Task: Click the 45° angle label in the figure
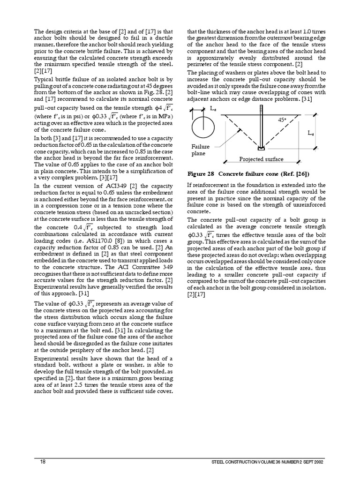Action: coord(282,120)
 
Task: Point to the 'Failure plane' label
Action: coord(200,150)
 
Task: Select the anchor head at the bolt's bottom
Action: coord(261,149)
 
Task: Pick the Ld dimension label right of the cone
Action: coord(310,133)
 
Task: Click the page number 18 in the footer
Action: coord(43,462)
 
